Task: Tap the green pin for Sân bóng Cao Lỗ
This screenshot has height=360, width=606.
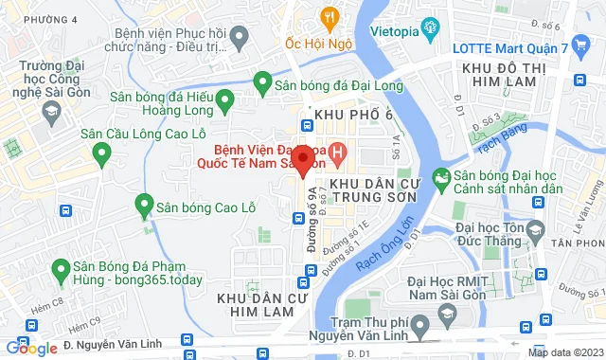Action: [x=144, y=204]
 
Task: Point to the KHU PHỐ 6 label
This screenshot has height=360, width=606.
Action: [x=353, y=115]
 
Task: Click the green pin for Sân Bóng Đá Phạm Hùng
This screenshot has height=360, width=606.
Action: [x=62, y=268]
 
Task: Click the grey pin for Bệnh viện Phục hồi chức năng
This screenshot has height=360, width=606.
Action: [x=240, y=37]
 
